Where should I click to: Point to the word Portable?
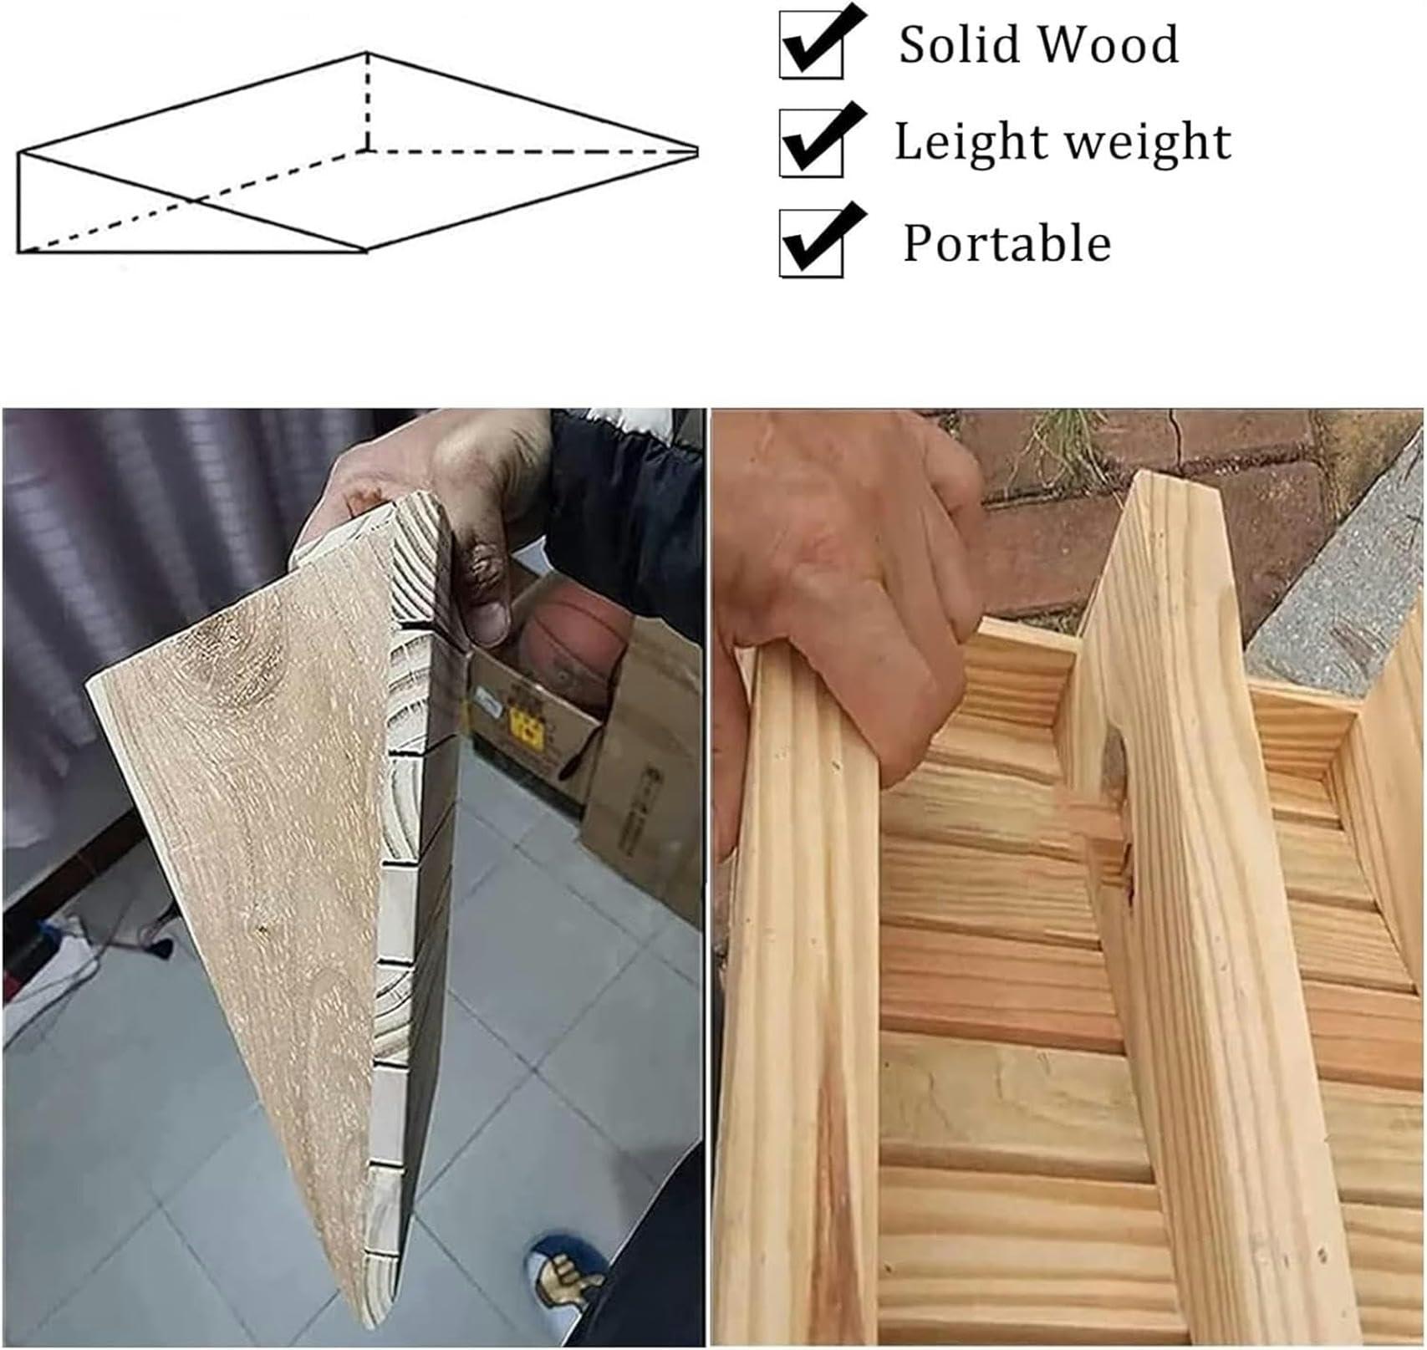(x=1007, y=243)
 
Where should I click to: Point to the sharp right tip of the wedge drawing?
(x=695, y=151)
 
